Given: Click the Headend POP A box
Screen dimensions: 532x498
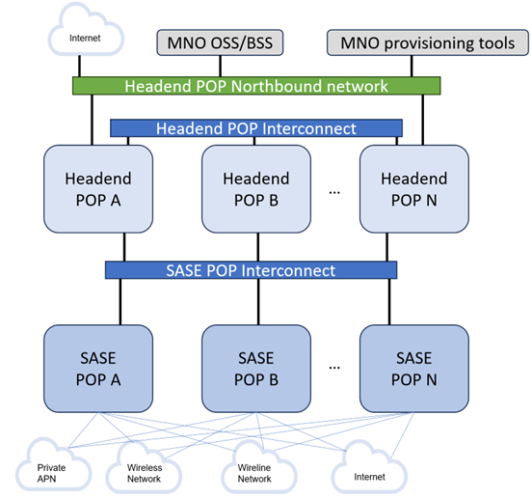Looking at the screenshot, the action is [x=98, y=189].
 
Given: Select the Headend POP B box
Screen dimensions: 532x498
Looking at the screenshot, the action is [x=256, y=189].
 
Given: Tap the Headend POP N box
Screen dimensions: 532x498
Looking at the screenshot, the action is [x=414, y=189].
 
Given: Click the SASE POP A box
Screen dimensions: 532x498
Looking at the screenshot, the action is [x=98, y=369].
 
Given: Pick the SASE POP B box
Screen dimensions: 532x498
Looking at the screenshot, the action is [x=256, y=369].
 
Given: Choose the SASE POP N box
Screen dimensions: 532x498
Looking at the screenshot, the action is [x=414, y=369].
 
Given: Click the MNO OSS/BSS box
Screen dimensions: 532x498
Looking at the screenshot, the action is [x=220, y=42].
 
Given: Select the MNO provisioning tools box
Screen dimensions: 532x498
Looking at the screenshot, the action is [x=428, y=42].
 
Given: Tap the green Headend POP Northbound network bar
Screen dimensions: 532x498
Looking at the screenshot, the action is [x=256, y=86].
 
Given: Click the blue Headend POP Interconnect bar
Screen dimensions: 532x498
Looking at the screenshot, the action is [x=256, y=128].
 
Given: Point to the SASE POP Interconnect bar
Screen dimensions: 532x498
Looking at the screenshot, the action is [x=252, y=270].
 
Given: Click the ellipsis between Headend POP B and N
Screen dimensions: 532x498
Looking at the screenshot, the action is [x=334, y=193].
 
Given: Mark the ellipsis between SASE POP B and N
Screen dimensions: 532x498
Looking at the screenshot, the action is [x=334, y=368].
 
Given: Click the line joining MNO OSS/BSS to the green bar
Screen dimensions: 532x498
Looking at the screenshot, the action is [x=220, y=67].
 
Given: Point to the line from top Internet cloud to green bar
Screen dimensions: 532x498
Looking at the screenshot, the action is [x=79, y=66].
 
